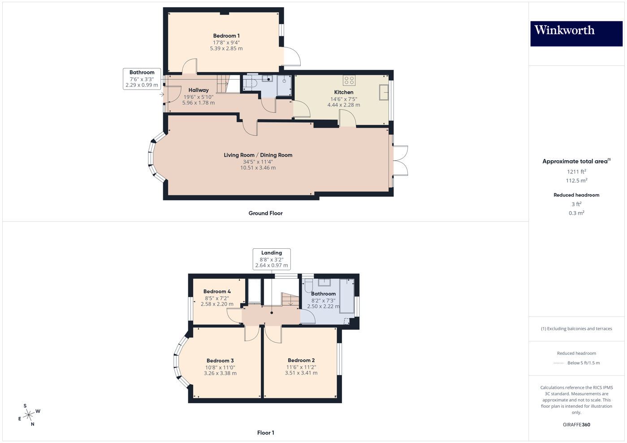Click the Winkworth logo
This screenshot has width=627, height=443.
576,33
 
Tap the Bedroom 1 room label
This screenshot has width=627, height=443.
226,36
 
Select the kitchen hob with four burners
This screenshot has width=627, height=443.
349,81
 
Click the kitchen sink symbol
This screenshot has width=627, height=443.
384,93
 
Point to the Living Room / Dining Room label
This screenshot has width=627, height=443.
258,155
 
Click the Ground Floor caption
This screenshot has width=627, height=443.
265,213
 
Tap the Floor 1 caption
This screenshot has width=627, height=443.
265,433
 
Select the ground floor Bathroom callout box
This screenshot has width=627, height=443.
142,79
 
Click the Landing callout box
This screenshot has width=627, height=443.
271,259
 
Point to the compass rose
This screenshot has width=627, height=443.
29,415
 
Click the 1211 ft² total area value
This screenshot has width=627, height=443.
576,172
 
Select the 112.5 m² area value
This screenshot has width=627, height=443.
576,181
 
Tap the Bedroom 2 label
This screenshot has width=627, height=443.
301,360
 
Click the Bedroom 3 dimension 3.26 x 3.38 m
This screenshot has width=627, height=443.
220,373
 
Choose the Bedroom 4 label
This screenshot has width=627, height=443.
217,291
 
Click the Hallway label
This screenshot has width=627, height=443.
198,90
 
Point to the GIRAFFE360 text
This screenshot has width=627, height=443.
576,425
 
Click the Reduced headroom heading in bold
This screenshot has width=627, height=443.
576,195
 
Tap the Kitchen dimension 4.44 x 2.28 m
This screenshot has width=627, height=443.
343,105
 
